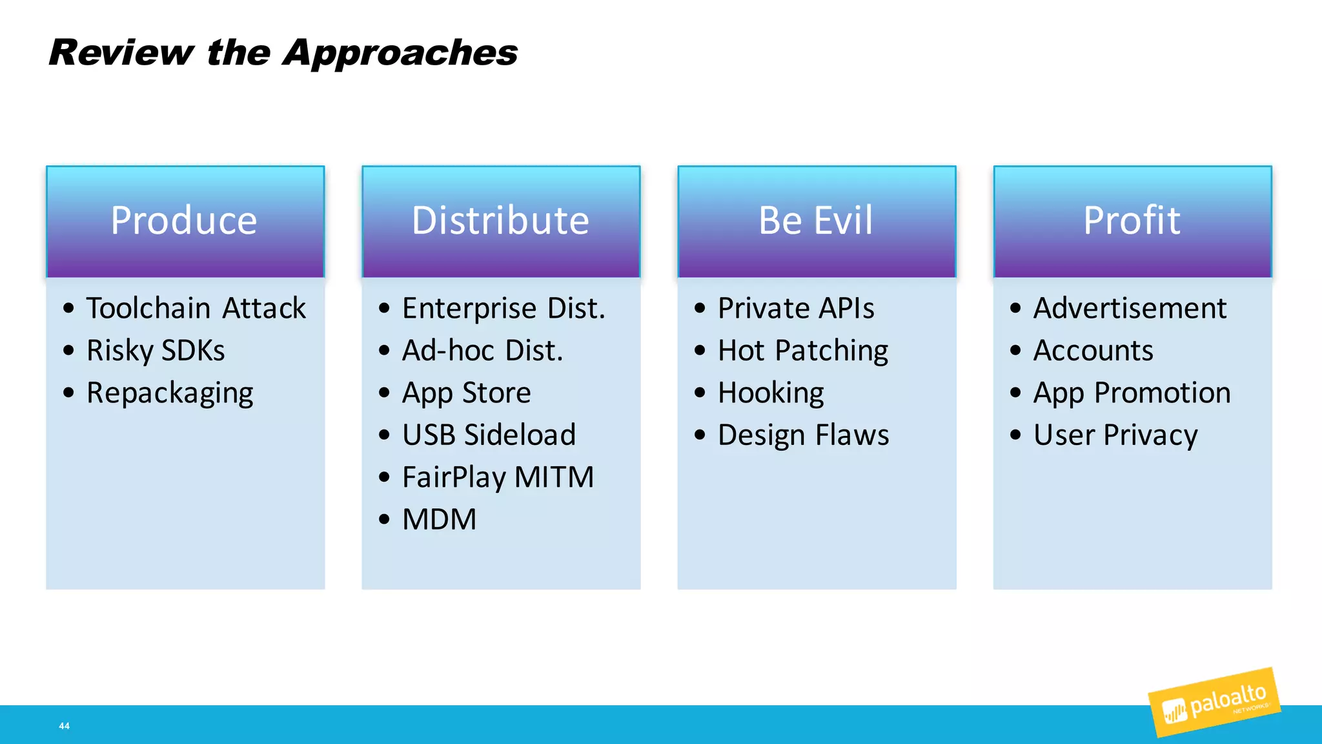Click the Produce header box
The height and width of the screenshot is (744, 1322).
(185, 222)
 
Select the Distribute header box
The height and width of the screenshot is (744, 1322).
(501, 222)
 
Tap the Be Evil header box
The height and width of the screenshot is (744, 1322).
(817, 222)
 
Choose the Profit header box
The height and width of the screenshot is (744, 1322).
(1132, 222)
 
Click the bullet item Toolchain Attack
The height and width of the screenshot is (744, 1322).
(196, 308)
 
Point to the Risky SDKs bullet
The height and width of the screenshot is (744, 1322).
(156, 351)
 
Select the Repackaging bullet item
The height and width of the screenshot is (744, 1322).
(170, 393)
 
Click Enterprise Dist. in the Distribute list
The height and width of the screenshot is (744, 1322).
(503, 308)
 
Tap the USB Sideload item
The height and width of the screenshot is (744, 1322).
(489, 435)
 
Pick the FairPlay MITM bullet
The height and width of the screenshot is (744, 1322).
(498, 477)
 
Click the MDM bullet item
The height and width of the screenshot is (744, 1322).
(439, 519)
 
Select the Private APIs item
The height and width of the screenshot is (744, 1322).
(796, 308)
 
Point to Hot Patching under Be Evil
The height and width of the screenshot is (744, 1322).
(803, 351)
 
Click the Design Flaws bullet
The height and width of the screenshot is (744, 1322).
(803, 435)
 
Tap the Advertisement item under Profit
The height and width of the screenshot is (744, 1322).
(1130, 308)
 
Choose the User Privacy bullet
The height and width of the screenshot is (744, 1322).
(1115, 435)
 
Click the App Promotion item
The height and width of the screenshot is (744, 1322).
(1132, 393)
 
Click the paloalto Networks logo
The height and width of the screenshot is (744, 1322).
(1214, 703)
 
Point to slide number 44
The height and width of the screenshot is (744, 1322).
(64, 726)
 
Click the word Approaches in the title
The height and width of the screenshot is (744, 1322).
(400, 53)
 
